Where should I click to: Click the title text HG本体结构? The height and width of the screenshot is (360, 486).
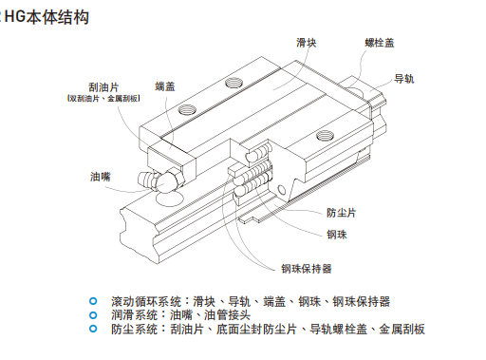coord(47,17)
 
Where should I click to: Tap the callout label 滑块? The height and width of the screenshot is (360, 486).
coord(306,43)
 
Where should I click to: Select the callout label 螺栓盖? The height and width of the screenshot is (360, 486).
coord(380,43)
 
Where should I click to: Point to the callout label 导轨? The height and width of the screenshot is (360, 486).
coord(403,79)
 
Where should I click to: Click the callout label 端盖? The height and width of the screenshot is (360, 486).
coord(165,86)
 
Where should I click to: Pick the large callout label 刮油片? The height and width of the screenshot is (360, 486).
coord(103,87)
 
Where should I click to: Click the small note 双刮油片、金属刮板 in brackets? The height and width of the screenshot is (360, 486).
coord(103,99)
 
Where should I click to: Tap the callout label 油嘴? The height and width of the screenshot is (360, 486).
coord(101,177)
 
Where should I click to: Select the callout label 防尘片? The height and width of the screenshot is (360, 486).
coord(341,213)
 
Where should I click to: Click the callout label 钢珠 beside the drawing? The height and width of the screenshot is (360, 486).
coord(337,235)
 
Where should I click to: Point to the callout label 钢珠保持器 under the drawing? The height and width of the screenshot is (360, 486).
coord(307,269)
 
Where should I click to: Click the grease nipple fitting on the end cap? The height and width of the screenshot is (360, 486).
coord(161,181)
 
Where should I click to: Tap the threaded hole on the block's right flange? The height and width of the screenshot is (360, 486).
coord(325,136)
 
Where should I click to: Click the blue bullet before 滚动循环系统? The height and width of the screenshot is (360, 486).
coord(93,301)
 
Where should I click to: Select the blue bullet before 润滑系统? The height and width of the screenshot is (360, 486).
coord(93,315)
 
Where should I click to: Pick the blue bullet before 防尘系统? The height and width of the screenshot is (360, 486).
coord(93,329)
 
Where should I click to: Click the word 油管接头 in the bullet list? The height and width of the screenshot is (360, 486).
coord(227,315)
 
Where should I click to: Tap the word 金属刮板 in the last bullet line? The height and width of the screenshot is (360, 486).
coord(402,330)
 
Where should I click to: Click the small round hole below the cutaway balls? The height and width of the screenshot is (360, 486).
coord(281,190)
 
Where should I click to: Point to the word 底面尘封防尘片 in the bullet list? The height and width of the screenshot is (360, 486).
coord(256,330)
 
